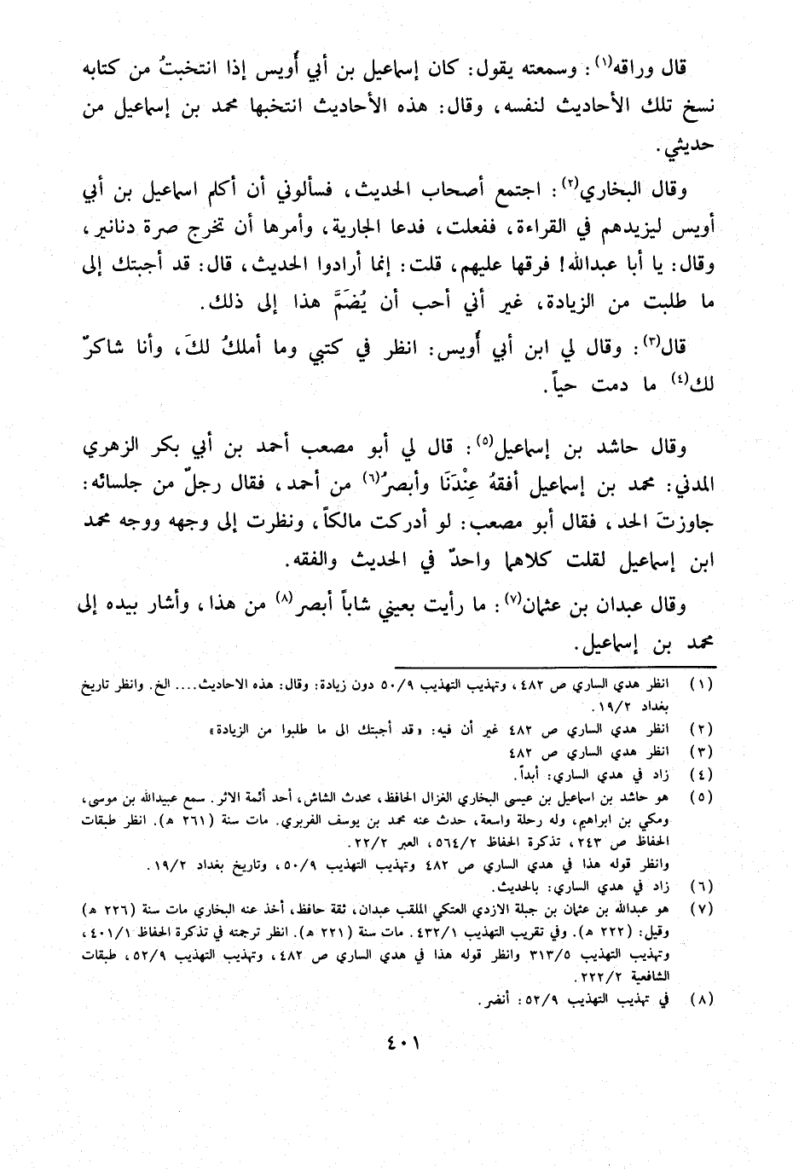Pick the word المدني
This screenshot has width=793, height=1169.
[x=687, y=486]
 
